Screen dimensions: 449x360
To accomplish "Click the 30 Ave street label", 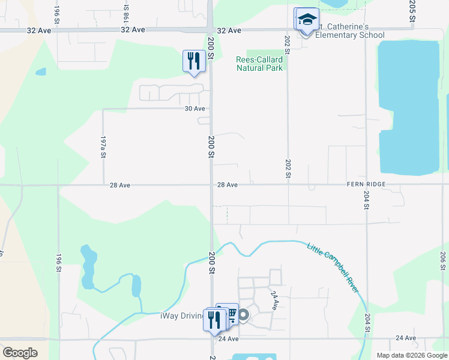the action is pos(194,109).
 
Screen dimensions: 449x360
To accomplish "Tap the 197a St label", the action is pos(103,146).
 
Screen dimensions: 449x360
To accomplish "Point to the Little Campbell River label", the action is pos(333,268).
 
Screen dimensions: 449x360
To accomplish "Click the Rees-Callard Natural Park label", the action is pos(259,64).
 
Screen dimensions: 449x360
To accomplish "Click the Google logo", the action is pos(20,353).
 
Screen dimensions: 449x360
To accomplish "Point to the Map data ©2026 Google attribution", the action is pos(411,355).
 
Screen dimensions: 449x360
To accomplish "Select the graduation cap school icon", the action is pos(307,20).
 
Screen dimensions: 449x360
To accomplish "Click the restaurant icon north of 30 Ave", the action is pos(193,61).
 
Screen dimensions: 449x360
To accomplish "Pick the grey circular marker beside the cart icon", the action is pos(243,315).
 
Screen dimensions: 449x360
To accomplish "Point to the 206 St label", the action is pos(443,261).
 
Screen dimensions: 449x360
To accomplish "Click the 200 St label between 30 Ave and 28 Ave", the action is pos(211,146).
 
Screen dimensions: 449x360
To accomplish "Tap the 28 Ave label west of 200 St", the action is pos(120,185).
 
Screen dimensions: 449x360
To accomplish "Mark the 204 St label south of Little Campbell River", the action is pos(367,323).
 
